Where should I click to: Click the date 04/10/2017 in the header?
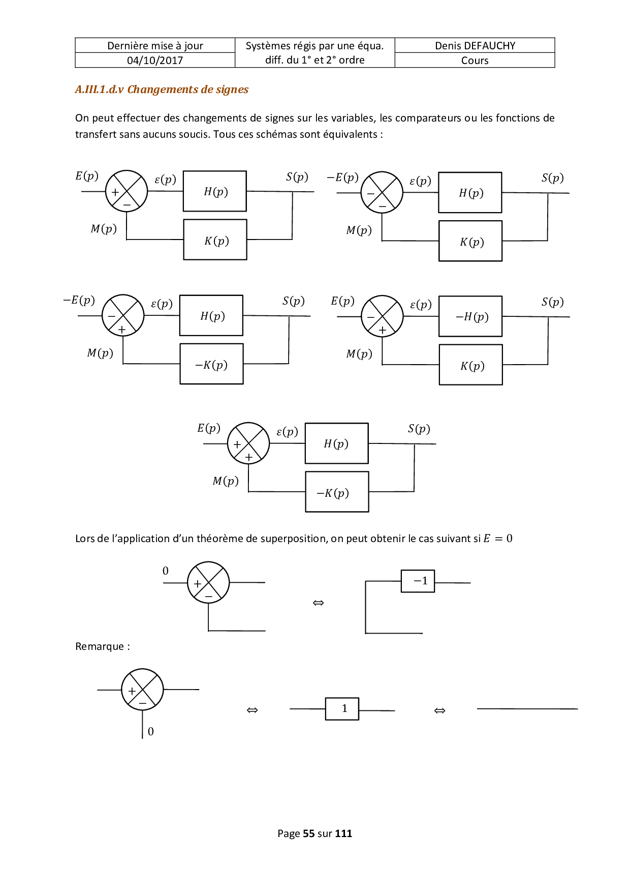(155, 61)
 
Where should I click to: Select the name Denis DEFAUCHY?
(475, 46)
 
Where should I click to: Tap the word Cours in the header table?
(475, 61)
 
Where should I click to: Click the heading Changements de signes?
(187, 90)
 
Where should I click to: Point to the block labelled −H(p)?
(470, 316)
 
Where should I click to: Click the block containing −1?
(418, 581)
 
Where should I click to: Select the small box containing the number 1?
(342, 708)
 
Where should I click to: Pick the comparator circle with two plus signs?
(248, 443)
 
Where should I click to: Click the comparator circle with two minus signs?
(382, 192)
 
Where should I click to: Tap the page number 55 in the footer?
(308, 834)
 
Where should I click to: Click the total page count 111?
(343, 834)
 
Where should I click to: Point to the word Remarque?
(100, 646)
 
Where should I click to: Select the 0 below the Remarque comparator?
(151, 731)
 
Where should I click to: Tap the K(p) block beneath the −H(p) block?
(471, 365)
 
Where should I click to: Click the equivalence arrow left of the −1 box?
(318, 603)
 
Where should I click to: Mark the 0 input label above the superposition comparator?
(166, 571)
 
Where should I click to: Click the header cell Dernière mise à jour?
(155, 46)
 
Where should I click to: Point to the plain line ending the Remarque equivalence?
(527, 708)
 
